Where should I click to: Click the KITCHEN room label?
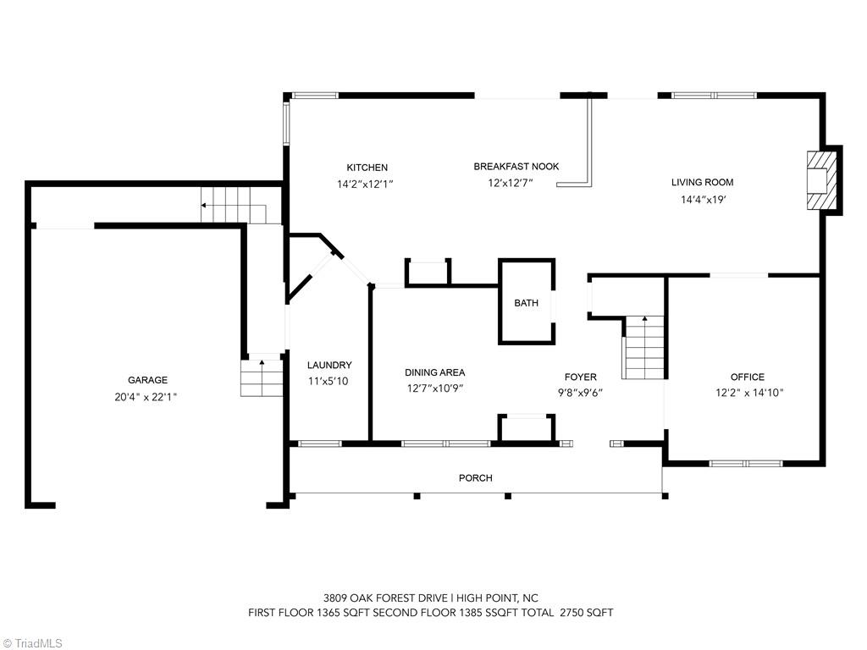pyautogui.click(x=367, y=168)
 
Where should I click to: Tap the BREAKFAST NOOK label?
pyautogui.click(x=516, y=167)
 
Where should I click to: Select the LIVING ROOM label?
pyautogui.click(x=702, y=182)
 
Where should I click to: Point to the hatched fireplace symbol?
pyautogui.click(x=821, y=180)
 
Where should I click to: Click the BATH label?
pyautogui.click(x=526, y=303)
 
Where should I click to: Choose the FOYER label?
pyautogui.click(x=581, y=377)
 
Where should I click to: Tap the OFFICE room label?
pyautogui.click(x=747, y=377)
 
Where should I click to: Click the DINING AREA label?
pyautogui.click(x=434, y=372)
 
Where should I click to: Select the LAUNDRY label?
pyautogui.click(x=329, y=366)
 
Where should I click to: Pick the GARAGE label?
pyautogui.click(x=147, y=381)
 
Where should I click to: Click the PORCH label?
pyautogui.click(x=475, y=478)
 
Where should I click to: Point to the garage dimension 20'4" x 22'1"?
pyautogui.click(x=147, y=396)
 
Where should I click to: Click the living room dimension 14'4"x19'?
pyautogui.click(x=704, y=200)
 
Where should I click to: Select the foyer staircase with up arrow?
pyautogui.click(x=644, y=349)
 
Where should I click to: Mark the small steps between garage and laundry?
pyautogui.click(x=261, y=377)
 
